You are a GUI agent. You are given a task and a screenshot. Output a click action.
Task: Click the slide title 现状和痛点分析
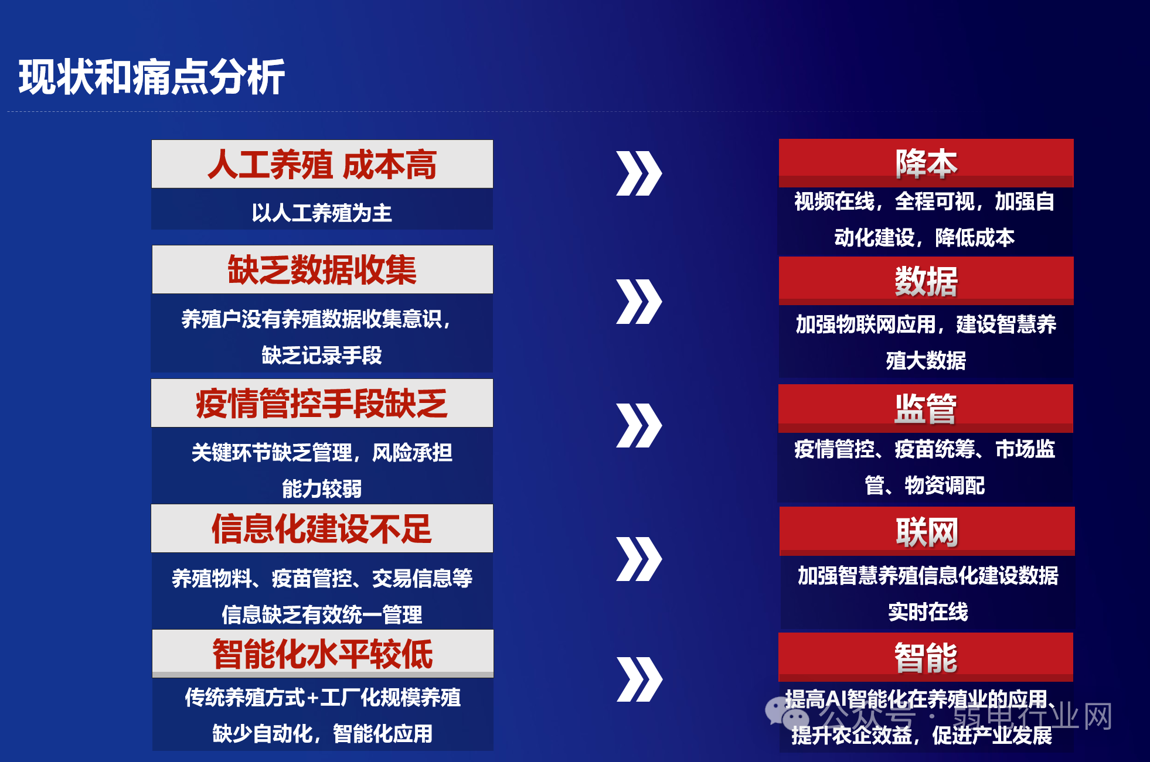click(x=152, y=77)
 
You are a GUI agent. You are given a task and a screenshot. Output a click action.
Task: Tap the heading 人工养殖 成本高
click(x=322, y=164)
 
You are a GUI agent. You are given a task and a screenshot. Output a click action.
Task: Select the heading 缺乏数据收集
click(x=322, y=270)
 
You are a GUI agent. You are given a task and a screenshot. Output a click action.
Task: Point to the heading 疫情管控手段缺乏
click(x=322, y=404)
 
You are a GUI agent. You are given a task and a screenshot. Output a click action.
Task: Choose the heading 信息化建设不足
click(x=322, y=529)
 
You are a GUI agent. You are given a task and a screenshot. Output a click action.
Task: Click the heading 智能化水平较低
click(x=322, y=654)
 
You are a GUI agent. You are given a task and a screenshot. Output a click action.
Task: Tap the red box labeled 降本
click(x=926, y=163)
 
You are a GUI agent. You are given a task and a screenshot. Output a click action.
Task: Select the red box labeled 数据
click(x=926, y=281)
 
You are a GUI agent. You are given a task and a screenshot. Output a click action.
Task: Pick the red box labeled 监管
click(x=926, y=408)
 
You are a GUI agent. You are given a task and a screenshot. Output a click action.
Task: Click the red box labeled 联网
click(x=927, y=531)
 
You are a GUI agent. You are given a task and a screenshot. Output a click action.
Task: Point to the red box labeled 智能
click(x=926, y=657)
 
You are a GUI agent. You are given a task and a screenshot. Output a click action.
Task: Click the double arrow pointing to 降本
click(x=639, y=173)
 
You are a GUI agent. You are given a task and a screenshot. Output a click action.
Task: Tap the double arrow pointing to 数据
click(x=639, y=302)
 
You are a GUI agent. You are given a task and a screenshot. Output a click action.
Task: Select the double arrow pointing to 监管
click(x=639, y=425)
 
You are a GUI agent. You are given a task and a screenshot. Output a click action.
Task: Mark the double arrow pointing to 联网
click(x=639, y=559)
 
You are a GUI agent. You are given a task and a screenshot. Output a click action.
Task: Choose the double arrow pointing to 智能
click(x=639, y=679)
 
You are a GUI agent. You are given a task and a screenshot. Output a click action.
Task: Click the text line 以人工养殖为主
click(x=322, y=213)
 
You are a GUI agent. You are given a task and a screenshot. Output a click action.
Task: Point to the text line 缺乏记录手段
click(x=322, y=355)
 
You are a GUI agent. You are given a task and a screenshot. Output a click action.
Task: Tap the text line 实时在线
click(x=928, y=611)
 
